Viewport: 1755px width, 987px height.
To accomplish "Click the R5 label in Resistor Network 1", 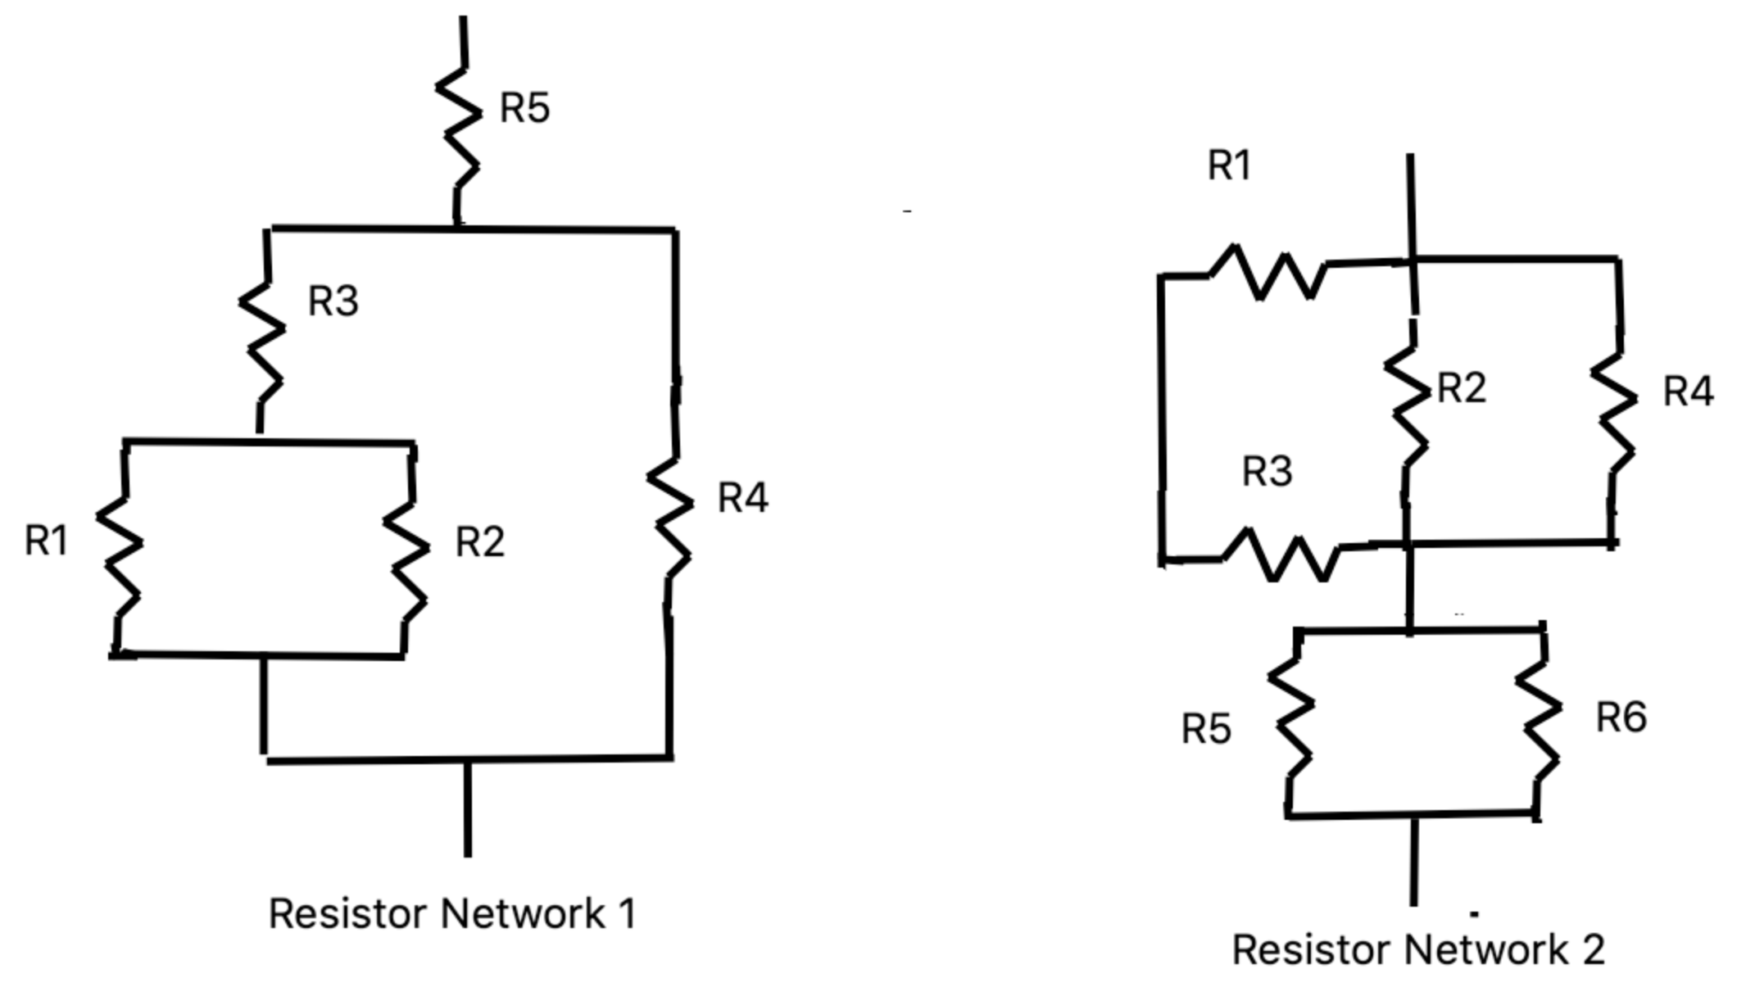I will click(x=524, y=108).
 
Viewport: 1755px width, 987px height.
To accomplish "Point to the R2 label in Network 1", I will click(x=479, y=541).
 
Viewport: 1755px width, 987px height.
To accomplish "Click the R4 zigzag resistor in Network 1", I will click(x=670, y=518).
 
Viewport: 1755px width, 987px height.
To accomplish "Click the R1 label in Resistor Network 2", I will click(x=1229, y=165).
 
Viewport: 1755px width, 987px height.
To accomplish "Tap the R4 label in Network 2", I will click(x=1688, y=392).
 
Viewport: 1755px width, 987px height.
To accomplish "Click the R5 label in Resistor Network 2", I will click(x=1205, y=728).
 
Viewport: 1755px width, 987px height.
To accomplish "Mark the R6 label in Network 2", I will click(x=1621, y=718).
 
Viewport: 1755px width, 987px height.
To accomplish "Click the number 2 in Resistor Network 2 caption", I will click(x=1593, y=950).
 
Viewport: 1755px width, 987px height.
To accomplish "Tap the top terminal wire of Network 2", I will click(x=1411, y=205).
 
